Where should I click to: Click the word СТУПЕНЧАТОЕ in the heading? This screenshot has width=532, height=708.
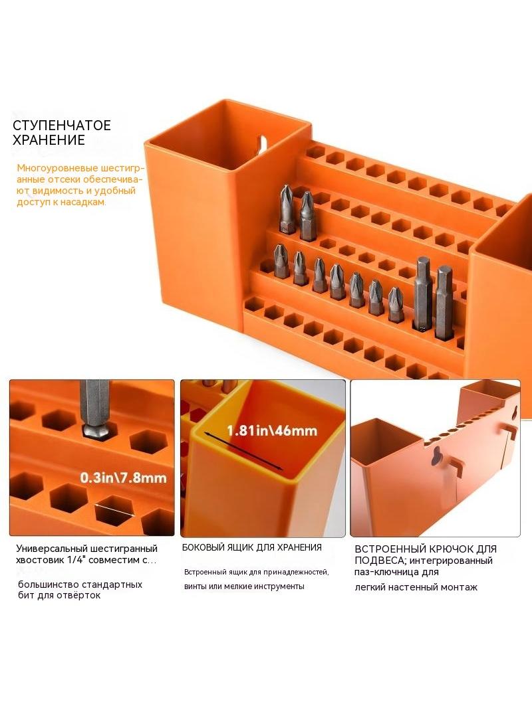[61, 125]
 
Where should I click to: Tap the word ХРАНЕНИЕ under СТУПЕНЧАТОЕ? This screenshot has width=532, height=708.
[49, 140]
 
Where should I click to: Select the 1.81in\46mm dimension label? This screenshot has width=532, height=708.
[271, 430]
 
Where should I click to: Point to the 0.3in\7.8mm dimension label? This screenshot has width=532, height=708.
[124, 478]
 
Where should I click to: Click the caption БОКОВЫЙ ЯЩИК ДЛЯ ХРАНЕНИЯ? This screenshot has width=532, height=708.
[252, 547]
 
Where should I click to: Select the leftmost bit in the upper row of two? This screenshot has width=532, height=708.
[287, 209]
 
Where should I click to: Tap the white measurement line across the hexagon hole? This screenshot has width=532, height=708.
[115, 510]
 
